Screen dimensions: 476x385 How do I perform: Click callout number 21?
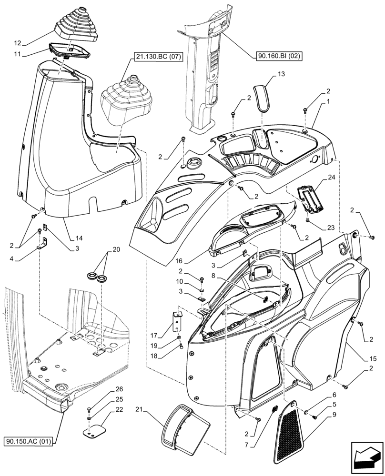click(138, 410)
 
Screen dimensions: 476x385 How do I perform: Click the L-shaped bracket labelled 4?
click(43, 244)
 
